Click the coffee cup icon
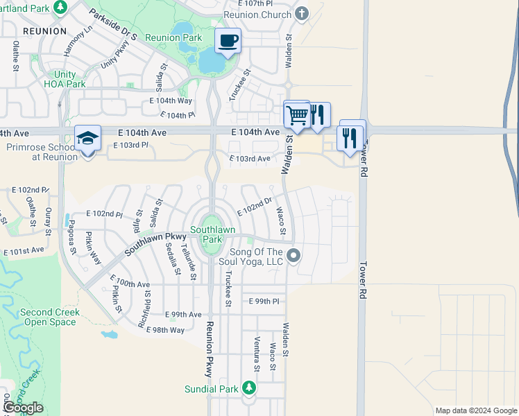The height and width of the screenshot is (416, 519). click(x=228, y=40)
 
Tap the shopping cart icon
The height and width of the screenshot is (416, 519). click(x=297, y=114)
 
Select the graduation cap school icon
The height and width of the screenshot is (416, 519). click(x=88, y=139)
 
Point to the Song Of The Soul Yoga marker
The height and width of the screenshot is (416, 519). click(x=293, y=256)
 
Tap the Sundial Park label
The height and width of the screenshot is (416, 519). click(x=212, y=389)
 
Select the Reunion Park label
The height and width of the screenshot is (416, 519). click(x=174, y=37)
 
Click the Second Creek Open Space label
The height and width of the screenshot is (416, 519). click(x=50, y=317)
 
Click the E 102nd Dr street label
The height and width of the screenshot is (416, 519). click(x=253, y=206)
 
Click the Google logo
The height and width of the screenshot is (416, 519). click(x=23, y=408)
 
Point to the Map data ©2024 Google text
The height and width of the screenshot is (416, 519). click(x=475, y=410)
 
